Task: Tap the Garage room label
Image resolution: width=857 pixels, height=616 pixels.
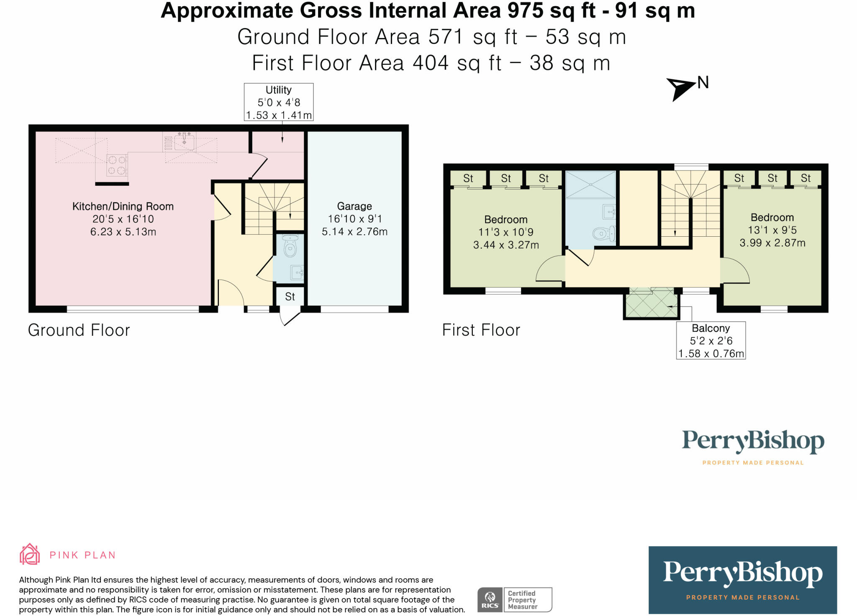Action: [354, 206]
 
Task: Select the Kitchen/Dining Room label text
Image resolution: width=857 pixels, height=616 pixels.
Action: [123, 206]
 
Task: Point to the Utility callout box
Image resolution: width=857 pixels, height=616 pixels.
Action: [279, 102]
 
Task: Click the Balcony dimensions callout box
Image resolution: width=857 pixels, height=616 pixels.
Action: [711, 340]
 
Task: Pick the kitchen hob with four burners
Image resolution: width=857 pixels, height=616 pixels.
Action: [117, 165]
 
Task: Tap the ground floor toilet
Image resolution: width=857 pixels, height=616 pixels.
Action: [290, 246]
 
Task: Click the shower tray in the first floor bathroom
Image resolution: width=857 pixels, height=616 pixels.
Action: [590, 184]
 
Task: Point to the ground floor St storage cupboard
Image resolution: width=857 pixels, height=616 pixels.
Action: [290, 296]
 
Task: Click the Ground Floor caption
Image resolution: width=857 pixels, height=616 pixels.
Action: [79, 330]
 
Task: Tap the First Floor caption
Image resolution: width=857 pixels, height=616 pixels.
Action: [481, 330]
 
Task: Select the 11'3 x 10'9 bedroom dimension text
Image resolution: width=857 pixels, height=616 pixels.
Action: [506, 232]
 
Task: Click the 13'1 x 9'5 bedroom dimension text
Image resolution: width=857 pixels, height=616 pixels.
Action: [772, 230]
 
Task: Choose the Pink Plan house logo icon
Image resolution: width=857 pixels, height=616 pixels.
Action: [30, 554]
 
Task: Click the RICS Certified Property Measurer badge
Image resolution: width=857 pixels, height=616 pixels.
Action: [515, 600]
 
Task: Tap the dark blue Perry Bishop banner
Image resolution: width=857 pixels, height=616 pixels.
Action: [743, 580]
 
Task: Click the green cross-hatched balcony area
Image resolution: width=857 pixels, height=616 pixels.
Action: [651, 303]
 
